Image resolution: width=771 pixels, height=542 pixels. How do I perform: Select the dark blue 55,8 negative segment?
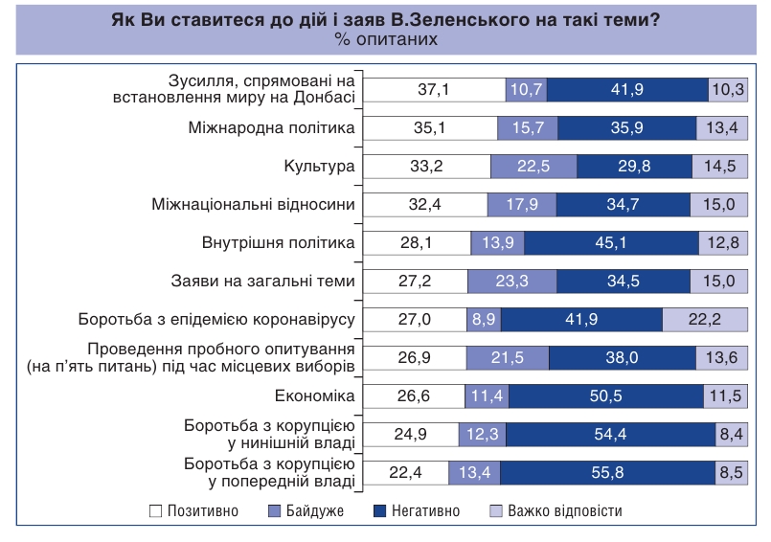click(x=606, y=472)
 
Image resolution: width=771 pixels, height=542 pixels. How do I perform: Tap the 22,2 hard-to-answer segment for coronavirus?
click(x=704, y=319)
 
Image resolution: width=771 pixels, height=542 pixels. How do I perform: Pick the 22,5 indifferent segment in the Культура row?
click(x=533, y=166)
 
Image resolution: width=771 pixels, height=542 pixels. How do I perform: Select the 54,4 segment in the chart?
click(x=610, y=434)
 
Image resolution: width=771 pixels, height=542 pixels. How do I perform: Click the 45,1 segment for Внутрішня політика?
click(x=612, y=242)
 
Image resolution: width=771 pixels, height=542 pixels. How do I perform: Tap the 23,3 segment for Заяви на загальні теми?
click(x=511, y=281)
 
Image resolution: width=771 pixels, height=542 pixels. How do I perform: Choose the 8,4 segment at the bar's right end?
click(x=731, y=434)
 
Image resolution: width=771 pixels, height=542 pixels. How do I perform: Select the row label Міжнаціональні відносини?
click(x=254, y=204)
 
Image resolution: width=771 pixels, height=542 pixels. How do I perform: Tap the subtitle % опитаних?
click(x=386, y=39)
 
